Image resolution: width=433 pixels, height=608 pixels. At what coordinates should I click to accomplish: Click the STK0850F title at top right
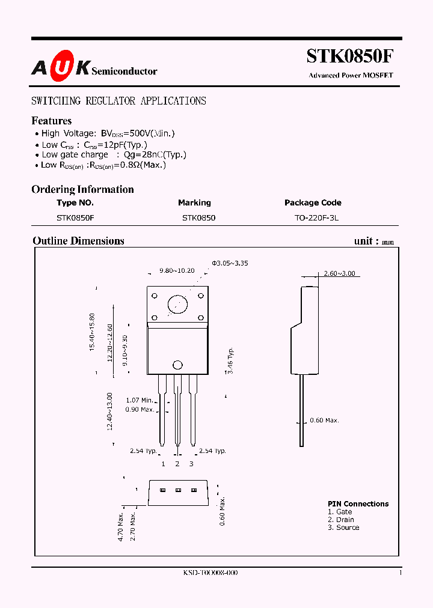[x=350, y=56]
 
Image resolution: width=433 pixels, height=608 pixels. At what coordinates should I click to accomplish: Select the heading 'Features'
[x=52, y=121]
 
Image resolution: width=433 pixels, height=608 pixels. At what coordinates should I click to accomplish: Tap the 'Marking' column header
[x=194, y=203]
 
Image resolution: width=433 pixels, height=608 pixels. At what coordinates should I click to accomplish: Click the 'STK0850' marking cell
[x=198, y=218]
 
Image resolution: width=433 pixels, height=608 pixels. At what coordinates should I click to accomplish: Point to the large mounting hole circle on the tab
[x=177, y=304]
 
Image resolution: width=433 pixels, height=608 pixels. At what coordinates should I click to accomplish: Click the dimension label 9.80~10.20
[x=177, y=271]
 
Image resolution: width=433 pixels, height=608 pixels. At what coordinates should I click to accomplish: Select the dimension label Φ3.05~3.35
[x=230, y=263]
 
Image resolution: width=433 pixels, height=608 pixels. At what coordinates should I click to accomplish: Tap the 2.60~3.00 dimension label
[x=339, y=273]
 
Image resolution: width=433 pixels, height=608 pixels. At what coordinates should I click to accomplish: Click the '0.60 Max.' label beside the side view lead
[x=324, y=421]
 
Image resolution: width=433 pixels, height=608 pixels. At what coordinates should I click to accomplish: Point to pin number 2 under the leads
[x=177, y=464]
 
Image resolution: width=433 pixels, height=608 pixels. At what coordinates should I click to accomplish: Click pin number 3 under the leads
[x=191, y=464]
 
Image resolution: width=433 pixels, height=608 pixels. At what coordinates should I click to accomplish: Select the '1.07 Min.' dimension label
[x=140, y=400]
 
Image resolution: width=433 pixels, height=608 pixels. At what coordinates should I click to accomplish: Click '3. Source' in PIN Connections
[x=343, y=527]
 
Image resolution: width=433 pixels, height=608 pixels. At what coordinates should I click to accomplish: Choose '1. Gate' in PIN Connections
[x=340, y=512]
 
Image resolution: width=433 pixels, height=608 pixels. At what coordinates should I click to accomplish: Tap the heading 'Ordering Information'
[x=82, y=189]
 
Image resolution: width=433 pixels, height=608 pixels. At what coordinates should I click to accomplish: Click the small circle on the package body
[x=177, y=365]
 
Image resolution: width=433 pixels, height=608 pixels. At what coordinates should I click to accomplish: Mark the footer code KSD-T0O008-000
[x=210, y=573]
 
